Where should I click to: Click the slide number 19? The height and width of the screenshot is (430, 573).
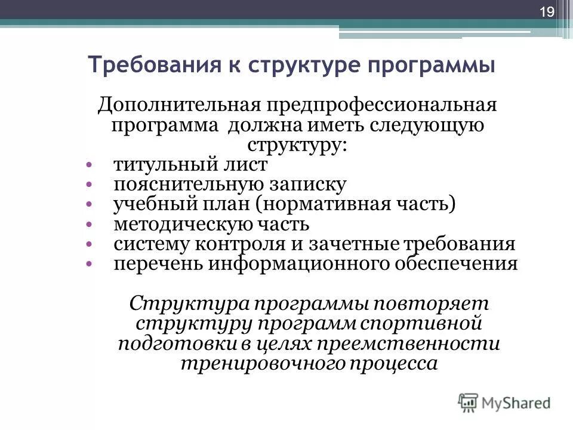[547, 13]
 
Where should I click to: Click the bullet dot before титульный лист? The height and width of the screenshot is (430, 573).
[88, 164]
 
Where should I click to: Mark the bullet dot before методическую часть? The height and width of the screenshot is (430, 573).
[88, 225]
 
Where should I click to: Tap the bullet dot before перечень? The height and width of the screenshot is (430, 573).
[88, 264]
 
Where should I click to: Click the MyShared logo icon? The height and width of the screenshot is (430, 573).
[468, 403]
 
